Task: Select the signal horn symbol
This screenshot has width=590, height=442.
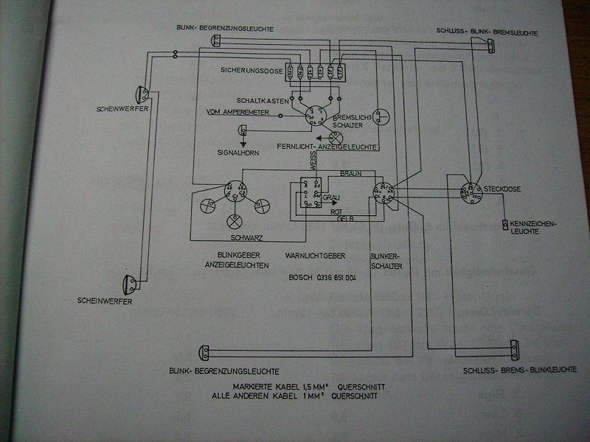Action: point(243,130)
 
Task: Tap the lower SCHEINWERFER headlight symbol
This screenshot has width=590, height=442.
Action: point(130,284)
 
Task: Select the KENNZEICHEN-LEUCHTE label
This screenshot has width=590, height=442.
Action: point(534,227)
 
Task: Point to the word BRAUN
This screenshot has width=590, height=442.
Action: point(350,173)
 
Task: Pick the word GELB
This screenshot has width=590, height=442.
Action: point(343,219)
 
